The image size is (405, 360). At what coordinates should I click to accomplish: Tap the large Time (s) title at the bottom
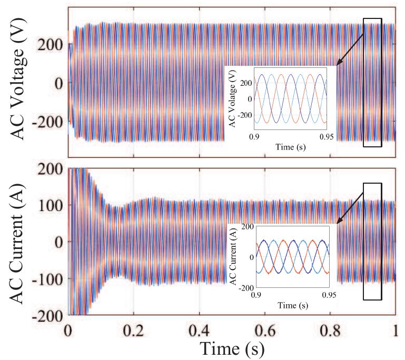[x=232, y=347]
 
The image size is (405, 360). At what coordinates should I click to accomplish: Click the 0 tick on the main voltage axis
[x=59, y=83]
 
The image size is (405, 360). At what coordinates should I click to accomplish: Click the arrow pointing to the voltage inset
[x=350, y=51]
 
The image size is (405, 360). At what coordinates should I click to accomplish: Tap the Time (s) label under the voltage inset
[x=291, y=148]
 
